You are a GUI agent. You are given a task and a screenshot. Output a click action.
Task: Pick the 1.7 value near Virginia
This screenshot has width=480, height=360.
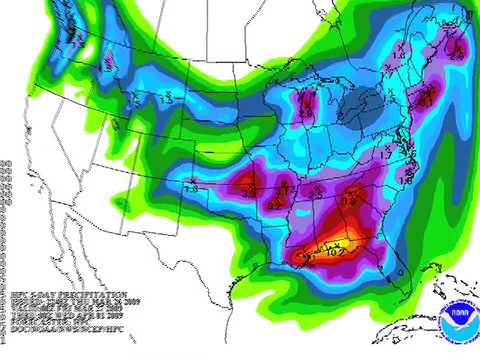pos(386,156)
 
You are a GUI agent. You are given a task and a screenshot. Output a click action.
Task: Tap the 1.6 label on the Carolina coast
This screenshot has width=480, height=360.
pos(405,180)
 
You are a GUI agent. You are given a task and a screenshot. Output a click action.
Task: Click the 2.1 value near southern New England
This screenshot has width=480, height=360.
pos(423,101)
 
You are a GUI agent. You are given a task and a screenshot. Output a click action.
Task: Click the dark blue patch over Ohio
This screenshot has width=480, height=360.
pos(366,103)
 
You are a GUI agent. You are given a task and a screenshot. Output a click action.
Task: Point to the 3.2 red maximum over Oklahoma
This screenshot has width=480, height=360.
pos(248,184)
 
